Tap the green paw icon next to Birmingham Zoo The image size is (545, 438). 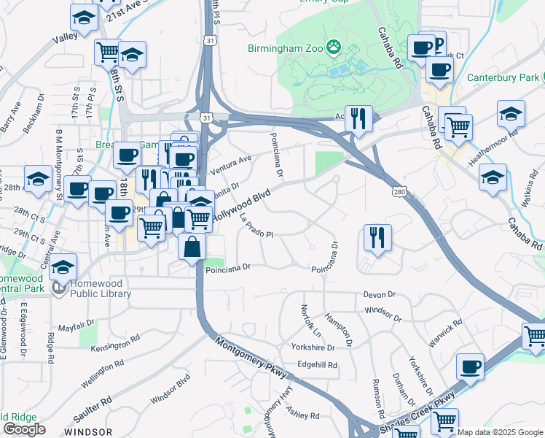click(334, 48)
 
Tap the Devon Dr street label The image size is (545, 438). click(380, 294)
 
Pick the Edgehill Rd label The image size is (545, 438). click(317, 365)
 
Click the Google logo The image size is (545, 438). click(24, 429)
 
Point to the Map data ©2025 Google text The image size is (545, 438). click(501, 432)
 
